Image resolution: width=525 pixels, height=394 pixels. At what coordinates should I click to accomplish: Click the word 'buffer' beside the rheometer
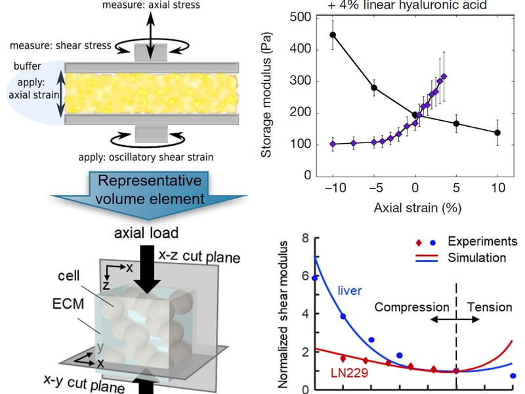[x=28, y=66]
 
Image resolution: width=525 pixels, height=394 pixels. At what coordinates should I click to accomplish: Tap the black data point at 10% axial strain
[x=497, y=133]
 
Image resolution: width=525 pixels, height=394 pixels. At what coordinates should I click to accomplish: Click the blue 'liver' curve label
[x=350, y=290]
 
